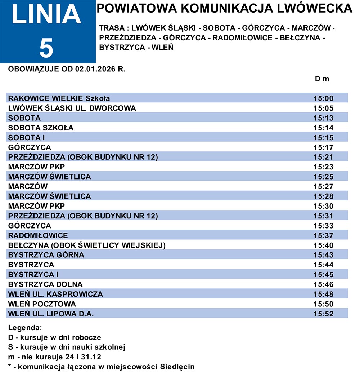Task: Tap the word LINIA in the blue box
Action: [46, 16]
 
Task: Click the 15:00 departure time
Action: [324, 98]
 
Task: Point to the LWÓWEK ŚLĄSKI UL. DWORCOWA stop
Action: [72, 108]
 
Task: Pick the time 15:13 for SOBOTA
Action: [324, 118]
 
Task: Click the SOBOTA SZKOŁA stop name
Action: [41, 128]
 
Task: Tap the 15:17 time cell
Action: [324, 147]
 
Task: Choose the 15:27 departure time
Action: [324, 186]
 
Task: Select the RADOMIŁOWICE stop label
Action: [38, 235]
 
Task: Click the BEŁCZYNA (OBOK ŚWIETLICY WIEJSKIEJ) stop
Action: [86, 245]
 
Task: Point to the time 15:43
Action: [324, 255]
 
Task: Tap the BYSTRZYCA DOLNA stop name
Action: [45, 284]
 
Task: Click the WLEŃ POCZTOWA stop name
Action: [42, 304]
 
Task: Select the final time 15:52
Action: [324, 314]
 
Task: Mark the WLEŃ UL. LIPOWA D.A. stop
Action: [51, 314]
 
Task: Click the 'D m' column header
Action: [322, 79]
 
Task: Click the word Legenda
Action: [25, 328]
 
